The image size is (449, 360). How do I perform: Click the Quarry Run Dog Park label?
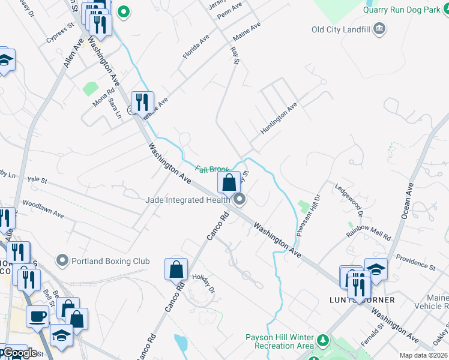click(x=405, y=10)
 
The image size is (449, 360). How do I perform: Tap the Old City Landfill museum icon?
click(x=379, y=29)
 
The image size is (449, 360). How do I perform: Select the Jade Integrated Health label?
click(x=188, y=200)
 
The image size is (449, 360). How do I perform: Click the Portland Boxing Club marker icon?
click(x=62, y=261)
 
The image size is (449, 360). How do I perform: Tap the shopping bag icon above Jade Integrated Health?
click(x=229, y=182)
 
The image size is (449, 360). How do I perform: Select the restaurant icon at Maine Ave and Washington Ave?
click(x=142, y=101)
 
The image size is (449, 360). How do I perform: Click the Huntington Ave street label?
click(x=279, y=118)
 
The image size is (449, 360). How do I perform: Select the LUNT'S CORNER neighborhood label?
click(x=362, y=300)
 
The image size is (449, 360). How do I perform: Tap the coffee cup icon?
click(x=38, y=316)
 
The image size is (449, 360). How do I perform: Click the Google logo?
click(x=20, y=353)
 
